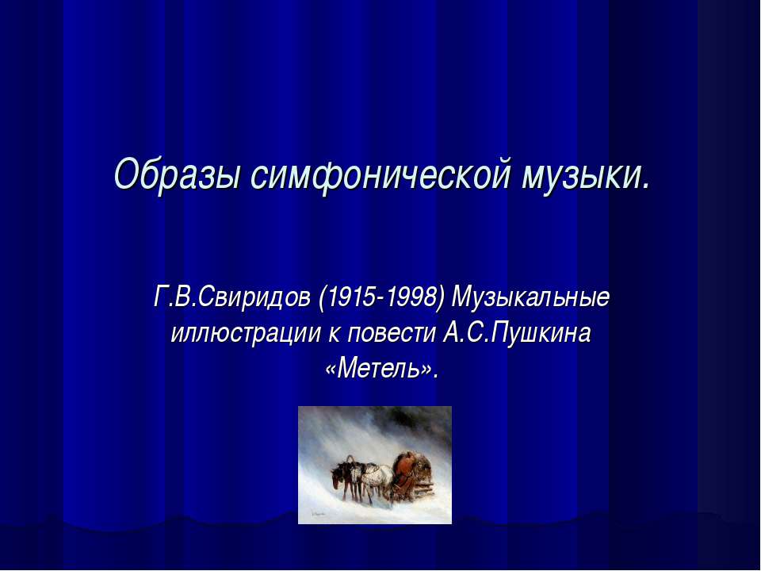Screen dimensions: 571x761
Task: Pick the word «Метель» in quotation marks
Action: tap(380, 368)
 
